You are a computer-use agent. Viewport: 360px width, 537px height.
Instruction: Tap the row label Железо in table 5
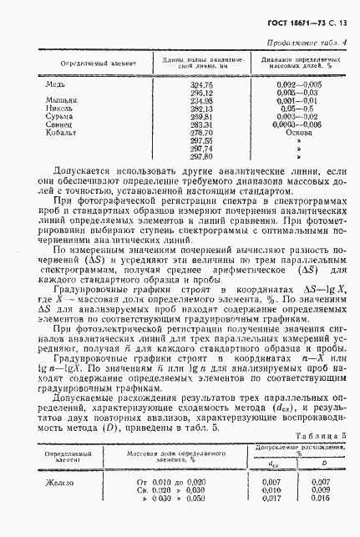coord(58,483)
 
